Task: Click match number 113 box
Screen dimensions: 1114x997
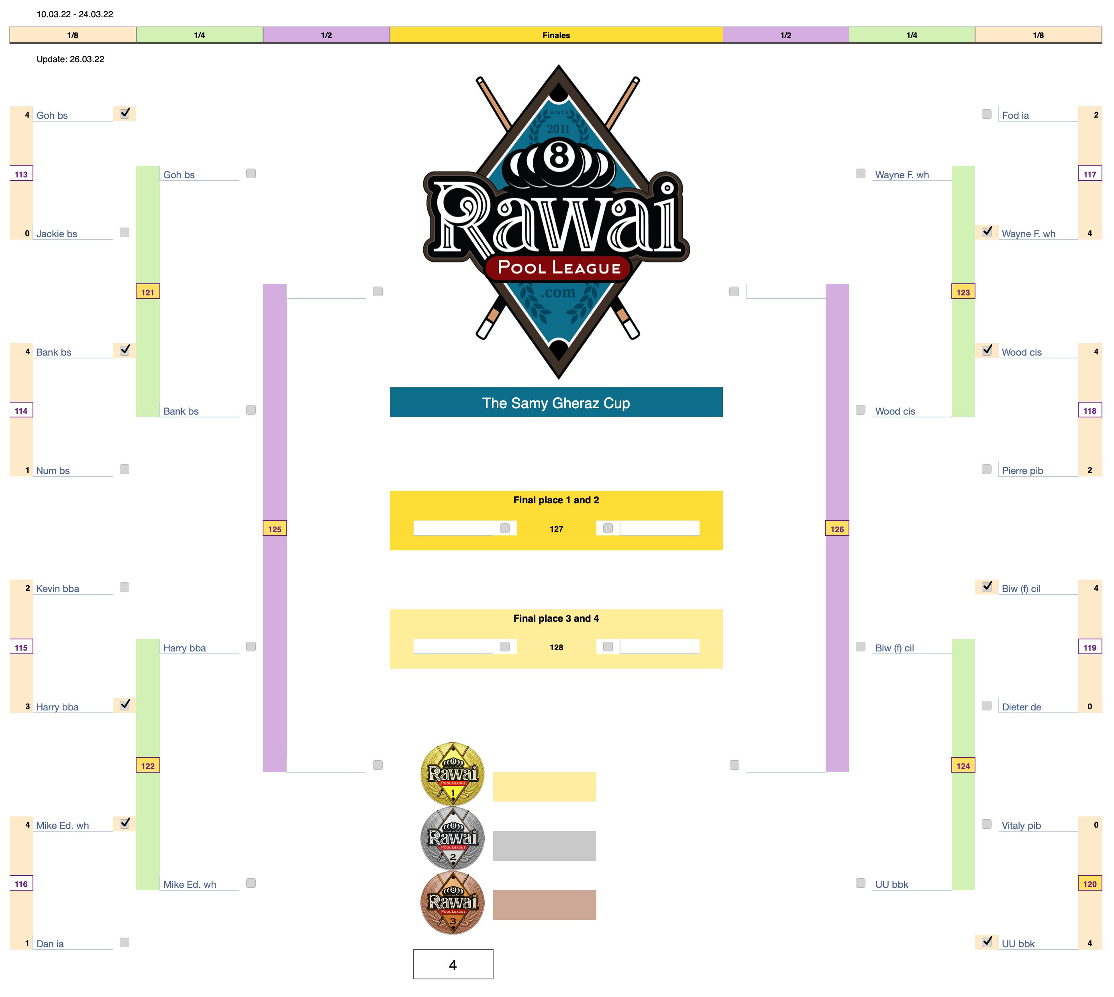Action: coord(21,174)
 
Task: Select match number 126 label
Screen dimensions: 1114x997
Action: coord(837,529)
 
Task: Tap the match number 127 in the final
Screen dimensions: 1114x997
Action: coord(556,529)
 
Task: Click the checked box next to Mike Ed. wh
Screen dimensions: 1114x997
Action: coord(125,823)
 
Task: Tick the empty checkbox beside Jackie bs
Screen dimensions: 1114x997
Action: coord(124,232)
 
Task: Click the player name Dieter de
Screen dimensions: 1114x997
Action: coord(1021,707)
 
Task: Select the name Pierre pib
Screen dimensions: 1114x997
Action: coord(1022,470)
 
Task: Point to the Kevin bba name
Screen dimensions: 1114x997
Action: coord(57,588)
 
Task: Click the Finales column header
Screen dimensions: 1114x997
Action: coord(556,35)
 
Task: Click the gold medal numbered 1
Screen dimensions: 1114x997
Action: coord(452,773)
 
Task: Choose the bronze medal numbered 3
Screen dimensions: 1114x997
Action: coord(452,902)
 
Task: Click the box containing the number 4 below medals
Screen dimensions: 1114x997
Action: coord(453,964)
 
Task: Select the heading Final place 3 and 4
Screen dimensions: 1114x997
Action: coord(556,618)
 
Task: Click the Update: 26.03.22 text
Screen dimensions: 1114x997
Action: coord(70,59)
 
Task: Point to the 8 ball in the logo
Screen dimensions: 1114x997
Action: coord(559,156)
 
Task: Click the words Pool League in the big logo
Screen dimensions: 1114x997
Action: coord(559,267)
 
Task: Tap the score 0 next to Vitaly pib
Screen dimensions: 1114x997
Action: coord(1096,824)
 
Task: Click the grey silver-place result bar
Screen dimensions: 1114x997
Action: coord(544,846)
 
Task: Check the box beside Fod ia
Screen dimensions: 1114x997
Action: coord(986,114)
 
